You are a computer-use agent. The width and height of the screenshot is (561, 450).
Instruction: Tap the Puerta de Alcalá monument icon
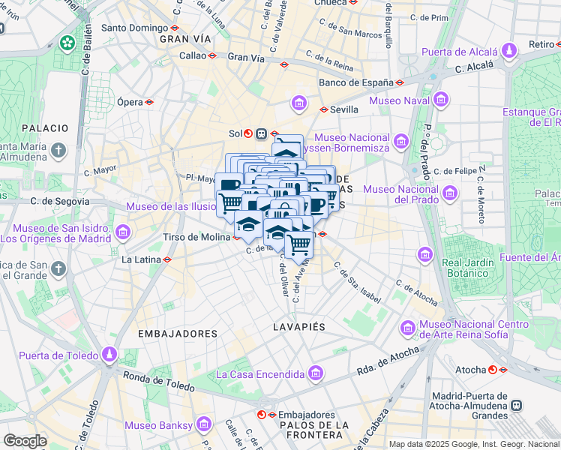[x=510, y=52]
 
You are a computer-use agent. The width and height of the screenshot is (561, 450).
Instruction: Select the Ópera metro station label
[x=129, y=101]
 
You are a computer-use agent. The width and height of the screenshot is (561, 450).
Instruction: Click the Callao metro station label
[x=192, y=55]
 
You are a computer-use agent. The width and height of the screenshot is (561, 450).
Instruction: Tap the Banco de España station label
[x=355, y=82]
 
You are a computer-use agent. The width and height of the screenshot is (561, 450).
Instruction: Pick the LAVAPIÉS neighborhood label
[x=299, y=328]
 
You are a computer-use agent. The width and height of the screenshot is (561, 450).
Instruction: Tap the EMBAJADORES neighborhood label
[x=178, y=333]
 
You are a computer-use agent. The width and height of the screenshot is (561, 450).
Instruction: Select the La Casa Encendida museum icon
[x=316, y=373]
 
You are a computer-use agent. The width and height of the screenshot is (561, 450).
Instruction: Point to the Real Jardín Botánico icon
[x=427, y=256]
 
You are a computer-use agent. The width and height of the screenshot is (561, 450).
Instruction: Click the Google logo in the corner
[x=25, y=441]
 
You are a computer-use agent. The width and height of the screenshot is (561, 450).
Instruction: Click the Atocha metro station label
[x=470, y=370]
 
